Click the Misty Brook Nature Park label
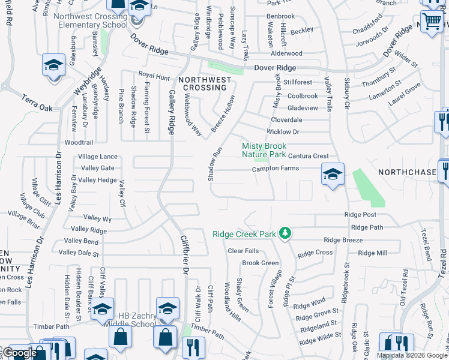[264, 150]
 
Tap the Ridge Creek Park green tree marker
[287, 232]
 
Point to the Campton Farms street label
[275, 169]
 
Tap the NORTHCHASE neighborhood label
[406, 172]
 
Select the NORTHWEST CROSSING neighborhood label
[204, 83]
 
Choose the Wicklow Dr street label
[283, 131]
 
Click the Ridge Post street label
[360, 215]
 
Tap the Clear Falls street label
[243, 251]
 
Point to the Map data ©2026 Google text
[412, 355]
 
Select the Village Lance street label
[97, 157]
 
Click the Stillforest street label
[298, 82]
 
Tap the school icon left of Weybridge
[53, 65]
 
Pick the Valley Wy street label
[98, 218]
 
